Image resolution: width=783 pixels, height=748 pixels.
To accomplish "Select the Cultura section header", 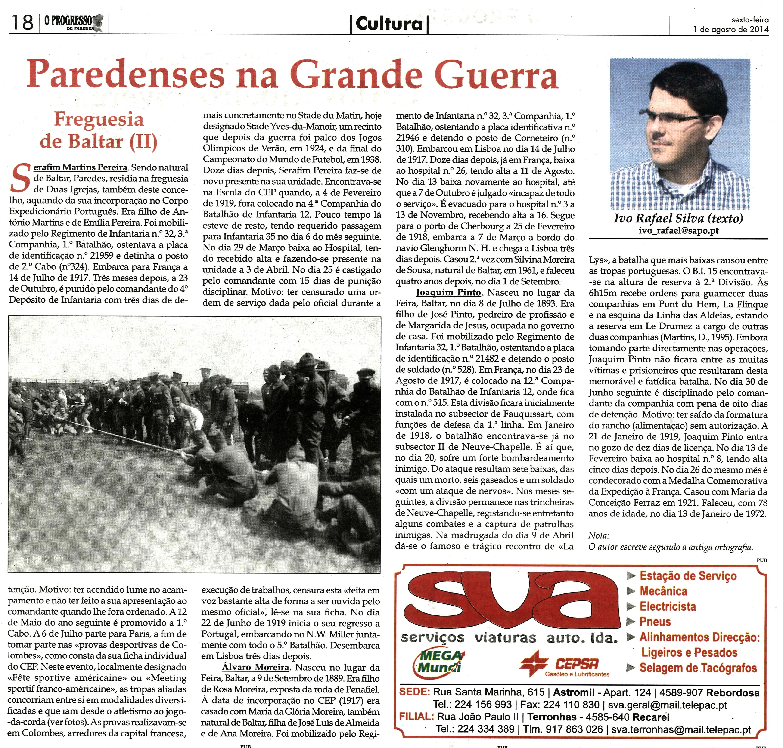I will pyautogui.click(x=389, y=24).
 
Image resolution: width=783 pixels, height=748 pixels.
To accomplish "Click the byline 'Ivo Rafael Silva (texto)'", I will pyautogui.click(x=678, y=219).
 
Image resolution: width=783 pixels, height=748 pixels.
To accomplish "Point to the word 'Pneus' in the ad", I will pyautogui.click(x=655, y=622).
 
